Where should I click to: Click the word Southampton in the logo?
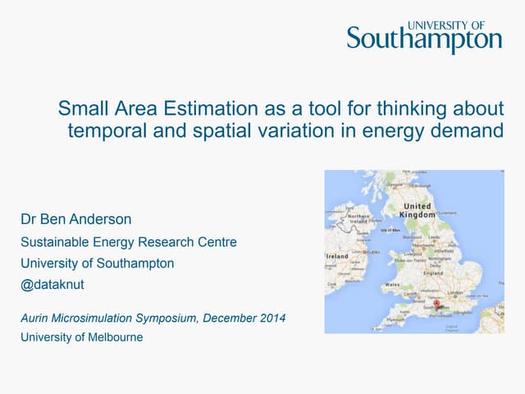423,39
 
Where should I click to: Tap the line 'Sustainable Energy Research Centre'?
128,242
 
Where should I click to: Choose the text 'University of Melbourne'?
81,337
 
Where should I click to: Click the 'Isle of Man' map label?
390,231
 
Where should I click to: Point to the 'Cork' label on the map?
332,285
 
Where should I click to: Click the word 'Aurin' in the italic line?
35,318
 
